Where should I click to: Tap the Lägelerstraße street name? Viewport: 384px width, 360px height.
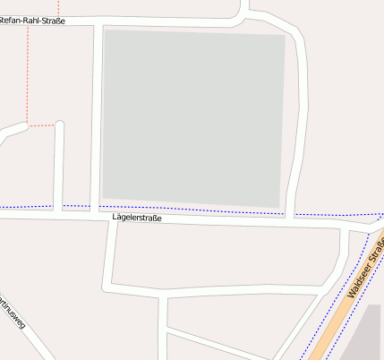137,218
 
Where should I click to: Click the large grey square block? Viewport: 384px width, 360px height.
193,116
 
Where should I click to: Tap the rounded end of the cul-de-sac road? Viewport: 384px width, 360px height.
60,124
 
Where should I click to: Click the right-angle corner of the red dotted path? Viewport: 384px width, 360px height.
28,125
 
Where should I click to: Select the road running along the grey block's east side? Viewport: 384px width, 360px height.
299,125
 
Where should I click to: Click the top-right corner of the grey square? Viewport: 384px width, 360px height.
284,36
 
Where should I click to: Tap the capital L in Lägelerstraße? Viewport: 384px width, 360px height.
115,218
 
